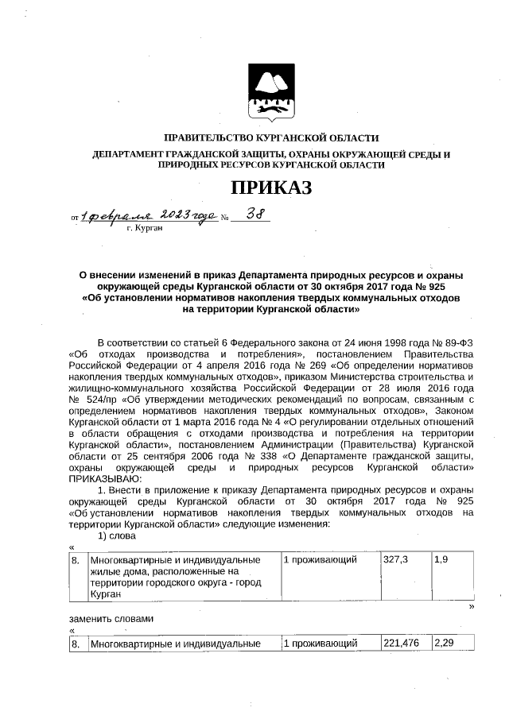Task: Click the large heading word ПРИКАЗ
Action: pyautogui.click(x=270, y=188)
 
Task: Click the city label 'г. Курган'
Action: pyautogui.click(x=145, y=228)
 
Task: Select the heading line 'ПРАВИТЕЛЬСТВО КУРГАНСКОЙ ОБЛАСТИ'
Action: pyautogui.click(x=270, y=138)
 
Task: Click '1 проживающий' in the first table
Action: pyautogui.click(x=320, y=560)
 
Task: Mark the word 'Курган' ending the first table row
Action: pyautogui.click(x=106, y=593)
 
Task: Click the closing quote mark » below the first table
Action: pyautogui.click(x=472, y=607)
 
